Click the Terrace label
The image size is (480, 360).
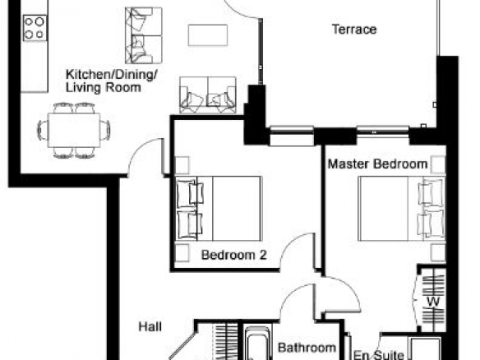[x=354, y=30]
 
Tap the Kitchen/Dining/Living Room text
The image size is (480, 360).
[x=112, y=81]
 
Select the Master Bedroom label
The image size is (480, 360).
[x=377, y=164]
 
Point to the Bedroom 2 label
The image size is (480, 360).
[x=234, y=255]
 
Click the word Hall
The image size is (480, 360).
[x=150, y=326]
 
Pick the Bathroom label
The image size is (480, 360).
[x=307, y=348]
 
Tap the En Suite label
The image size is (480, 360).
[x=379, y=355]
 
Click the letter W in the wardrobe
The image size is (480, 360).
[x=433, y=302]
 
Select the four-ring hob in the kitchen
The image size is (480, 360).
[x=35, y=28]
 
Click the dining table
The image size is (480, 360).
[x=74, y=131]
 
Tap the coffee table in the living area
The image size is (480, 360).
[x=208, y=35]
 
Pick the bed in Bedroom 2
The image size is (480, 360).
[x=219, y=209]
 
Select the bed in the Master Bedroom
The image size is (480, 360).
[x=402, y=209]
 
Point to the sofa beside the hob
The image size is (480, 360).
[x=143, y=35]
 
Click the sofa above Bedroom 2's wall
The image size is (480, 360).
[x=208, y=95]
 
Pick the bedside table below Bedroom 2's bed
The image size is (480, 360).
[x=182, y=253]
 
